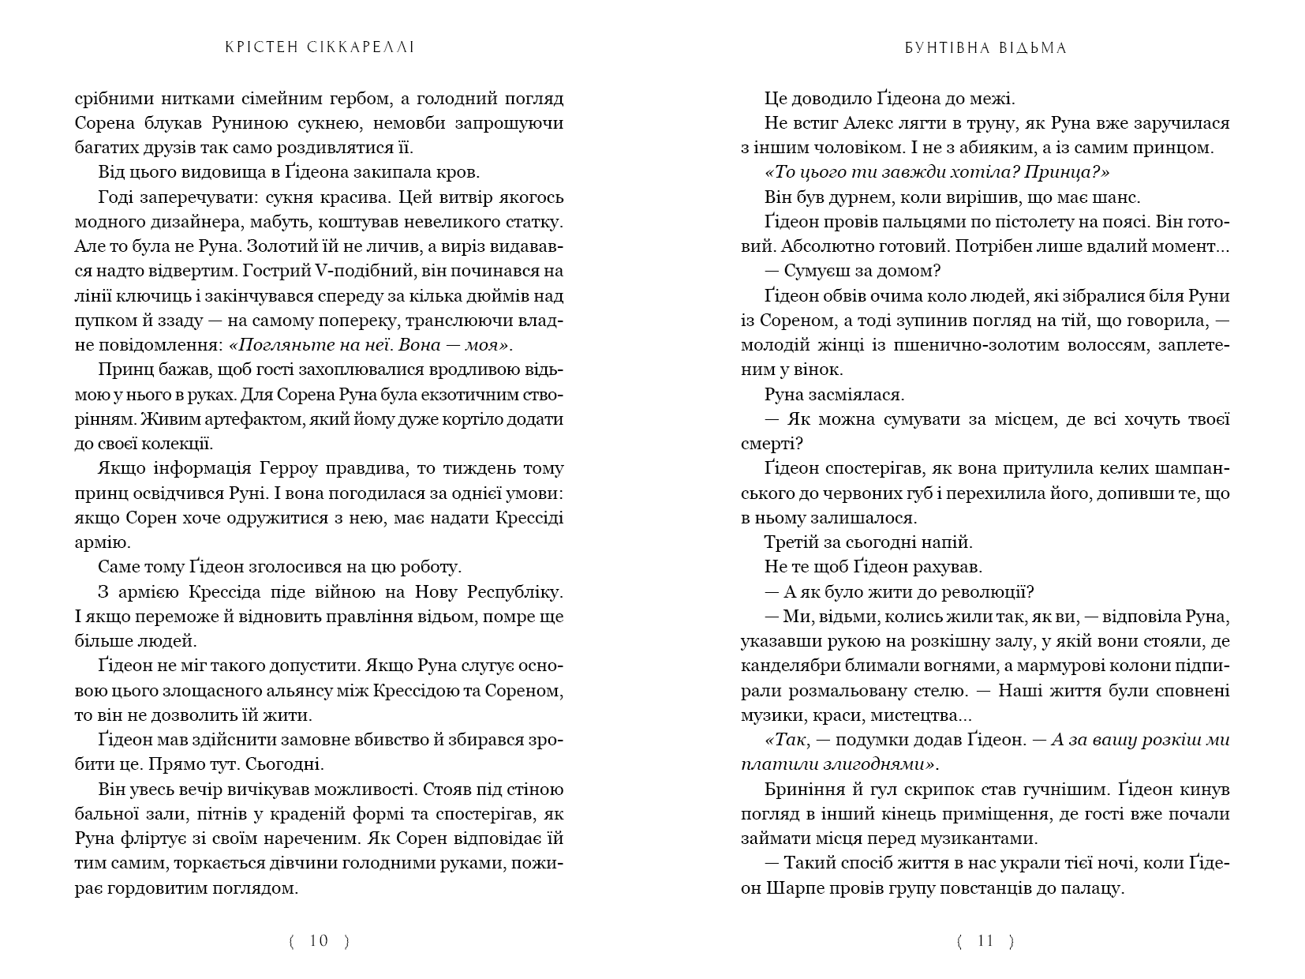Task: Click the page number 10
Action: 319,940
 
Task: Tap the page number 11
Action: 985,940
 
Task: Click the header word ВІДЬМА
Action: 1032,48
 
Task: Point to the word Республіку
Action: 515,592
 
